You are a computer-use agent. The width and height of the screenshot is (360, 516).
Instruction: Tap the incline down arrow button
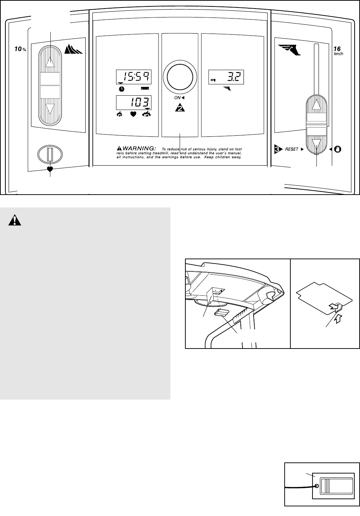coord(50,109)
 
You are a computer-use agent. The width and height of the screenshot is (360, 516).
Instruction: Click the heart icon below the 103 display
coord(134,115)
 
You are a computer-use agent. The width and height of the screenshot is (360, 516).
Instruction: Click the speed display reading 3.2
coord(226,76)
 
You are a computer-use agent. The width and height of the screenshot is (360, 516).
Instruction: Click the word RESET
coord(291,150)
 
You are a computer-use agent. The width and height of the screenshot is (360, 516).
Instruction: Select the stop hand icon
coord(337,149)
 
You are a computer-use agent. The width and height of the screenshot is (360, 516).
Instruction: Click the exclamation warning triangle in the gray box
coord(15,221)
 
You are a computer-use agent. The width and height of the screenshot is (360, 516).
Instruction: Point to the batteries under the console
coord(221,313)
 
